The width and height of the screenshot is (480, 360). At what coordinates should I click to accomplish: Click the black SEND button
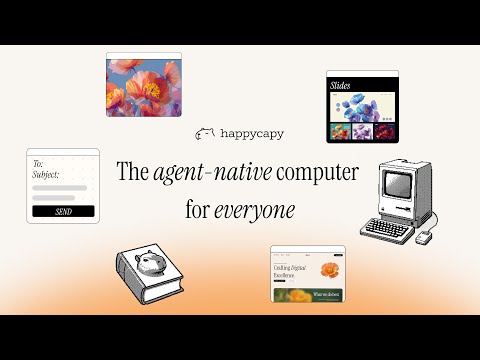coord(62,211)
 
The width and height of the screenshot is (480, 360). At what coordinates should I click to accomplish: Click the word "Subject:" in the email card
coord(46,174)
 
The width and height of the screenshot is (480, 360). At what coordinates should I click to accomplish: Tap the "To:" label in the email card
coord(38,162)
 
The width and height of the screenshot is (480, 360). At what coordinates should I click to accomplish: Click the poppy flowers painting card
coord(144,84)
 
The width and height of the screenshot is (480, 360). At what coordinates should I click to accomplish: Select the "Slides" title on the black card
coord(343,87)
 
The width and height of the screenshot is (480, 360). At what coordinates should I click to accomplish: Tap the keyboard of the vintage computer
coord(386,228)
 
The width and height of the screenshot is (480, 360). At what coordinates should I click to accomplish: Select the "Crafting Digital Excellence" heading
coord(291,272)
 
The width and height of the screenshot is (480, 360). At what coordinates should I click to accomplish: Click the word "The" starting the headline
coord(133,172)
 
